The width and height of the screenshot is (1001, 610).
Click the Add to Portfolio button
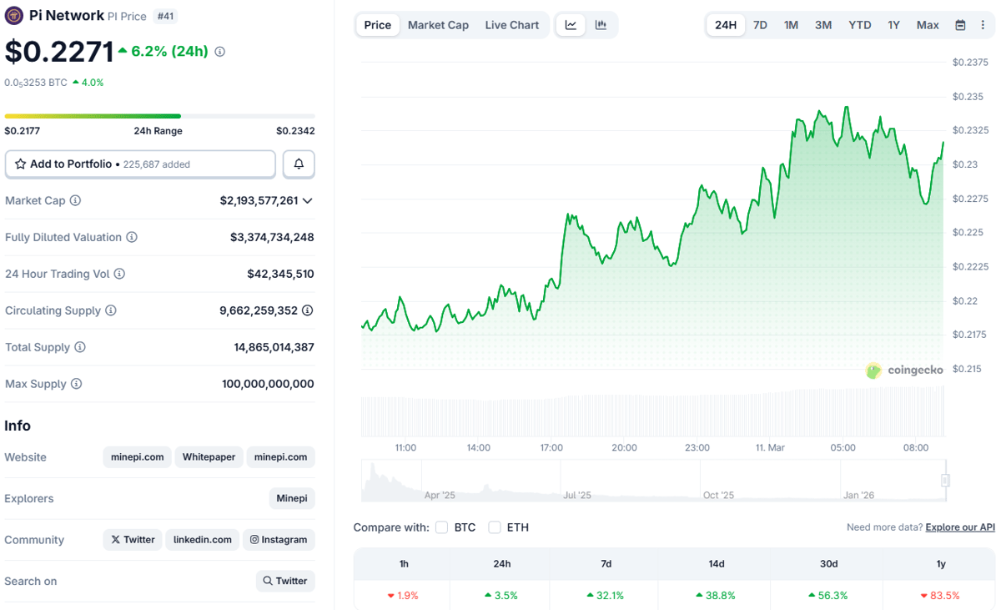(x=140, y=164)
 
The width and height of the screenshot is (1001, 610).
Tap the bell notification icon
(x=299, y=164)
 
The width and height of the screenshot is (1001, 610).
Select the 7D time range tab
(x=760, y=25)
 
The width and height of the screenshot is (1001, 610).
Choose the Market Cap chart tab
(x=438, y=25)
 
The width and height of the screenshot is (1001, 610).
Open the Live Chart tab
(x=511, y=25)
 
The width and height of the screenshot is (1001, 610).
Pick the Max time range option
(x=928, y=25)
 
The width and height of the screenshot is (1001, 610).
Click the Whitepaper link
(x=209, y=457)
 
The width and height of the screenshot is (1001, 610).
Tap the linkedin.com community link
(x=203, y=540)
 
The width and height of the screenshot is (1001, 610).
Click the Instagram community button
(x=279, y=540)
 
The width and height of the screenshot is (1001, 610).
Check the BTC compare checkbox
(x=442, y=527)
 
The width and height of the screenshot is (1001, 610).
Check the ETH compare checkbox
(x=495, y=527)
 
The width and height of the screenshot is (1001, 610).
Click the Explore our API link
(x=960, y=527)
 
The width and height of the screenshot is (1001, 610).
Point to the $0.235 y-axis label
(x=968, y=97)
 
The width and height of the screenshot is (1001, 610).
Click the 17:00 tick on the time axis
(x=551, y=448)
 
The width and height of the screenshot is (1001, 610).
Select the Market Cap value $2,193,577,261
(x=259, y=201)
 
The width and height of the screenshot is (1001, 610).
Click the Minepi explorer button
(x=292, y=499)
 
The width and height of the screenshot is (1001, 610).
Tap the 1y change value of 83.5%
(x=940, y=596)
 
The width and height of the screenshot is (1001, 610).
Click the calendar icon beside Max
(x=960, y=25)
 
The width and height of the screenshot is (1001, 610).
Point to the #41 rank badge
(x=166, y=16)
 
